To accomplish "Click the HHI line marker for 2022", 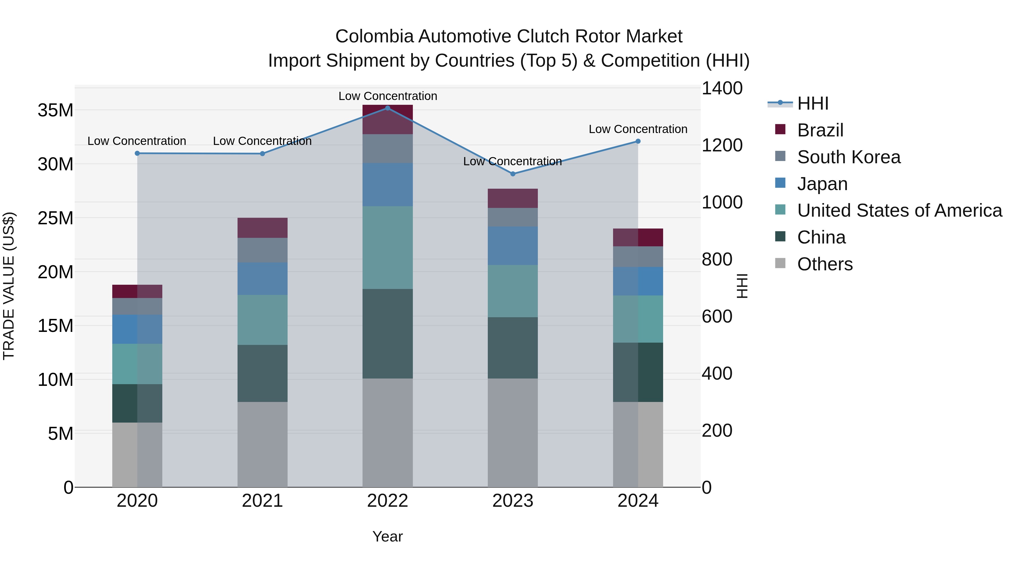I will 387,108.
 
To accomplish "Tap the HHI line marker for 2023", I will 513,174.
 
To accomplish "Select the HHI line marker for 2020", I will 137,153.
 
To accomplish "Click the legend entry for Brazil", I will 820,130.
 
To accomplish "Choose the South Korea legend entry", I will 848,157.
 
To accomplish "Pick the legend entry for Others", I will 825,264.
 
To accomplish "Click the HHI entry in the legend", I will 812,103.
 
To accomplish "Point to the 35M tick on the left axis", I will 55,110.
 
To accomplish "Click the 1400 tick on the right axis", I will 722,88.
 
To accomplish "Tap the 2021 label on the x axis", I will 262,501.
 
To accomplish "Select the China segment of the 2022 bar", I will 387,334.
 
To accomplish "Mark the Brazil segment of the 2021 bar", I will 262,228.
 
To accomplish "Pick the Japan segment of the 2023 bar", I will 513,245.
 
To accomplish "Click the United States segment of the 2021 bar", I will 262,320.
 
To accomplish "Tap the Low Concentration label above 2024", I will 638,129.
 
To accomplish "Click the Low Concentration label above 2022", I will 387,96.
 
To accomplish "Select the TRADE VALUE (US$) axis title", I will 9,286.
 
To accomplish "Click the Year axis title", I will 387,536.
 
